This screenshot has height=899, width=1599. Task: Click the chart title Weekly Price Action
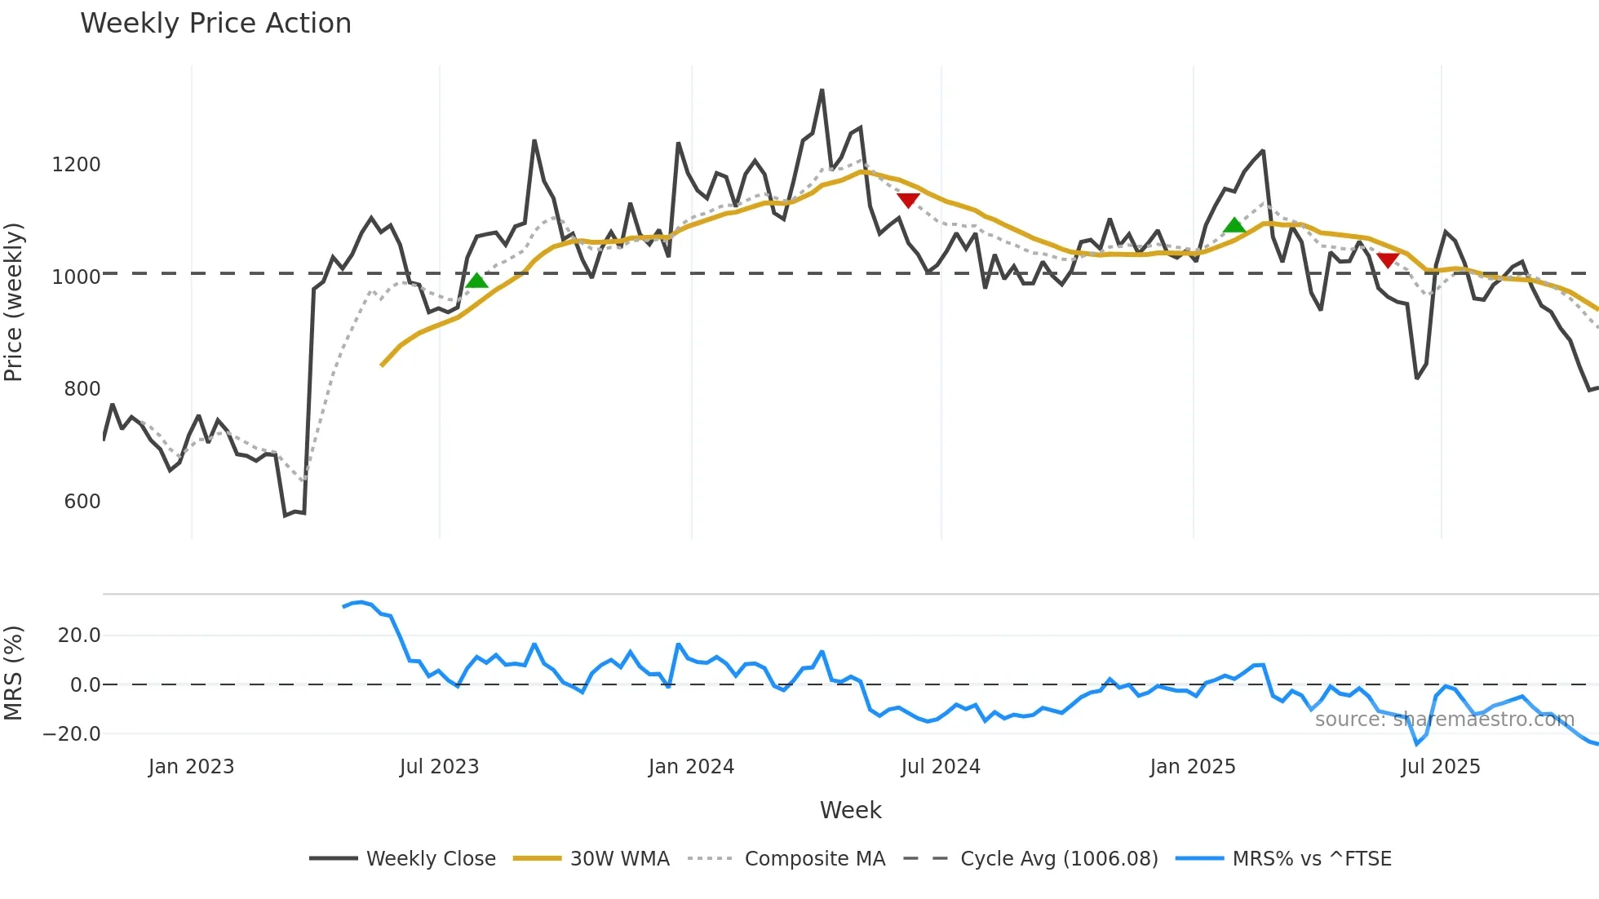[215, 24]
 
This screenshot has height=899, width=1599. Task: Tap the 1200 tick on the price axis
[76, 165]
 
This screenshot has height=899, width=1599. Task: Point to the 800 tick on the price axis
[82, 389]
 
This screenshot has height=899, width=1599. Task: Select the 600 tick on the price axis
[82, 502]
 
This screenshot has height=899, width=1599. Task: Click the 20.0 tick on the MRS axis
[78, 635]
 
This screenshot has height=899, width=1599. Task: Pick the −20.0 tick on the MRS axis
[72, 734]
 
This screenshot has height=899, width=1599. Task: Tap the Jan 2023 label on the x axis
[191, 767]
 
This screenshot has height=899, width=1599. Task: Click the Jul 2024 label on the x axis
[940, 767]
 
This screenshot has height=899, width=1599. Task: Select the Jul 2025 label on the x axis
[1440, 767]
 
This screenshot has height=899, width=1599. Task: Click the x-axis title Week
[850, 810]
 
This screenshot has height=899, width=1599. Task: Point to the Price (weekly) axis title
[14, 302]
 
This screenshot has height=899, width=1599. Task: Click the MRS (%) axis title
[14, 673]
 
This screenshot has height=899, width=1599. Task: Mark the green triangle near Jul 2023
[477, 281]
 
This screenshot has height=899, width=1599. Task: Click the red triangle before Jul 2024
[908, 200]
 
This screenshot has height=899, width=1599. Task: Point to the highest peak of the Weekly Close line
[822, 91]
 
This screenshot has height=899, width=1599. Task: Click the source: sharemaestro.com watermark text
[1444, 720]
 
